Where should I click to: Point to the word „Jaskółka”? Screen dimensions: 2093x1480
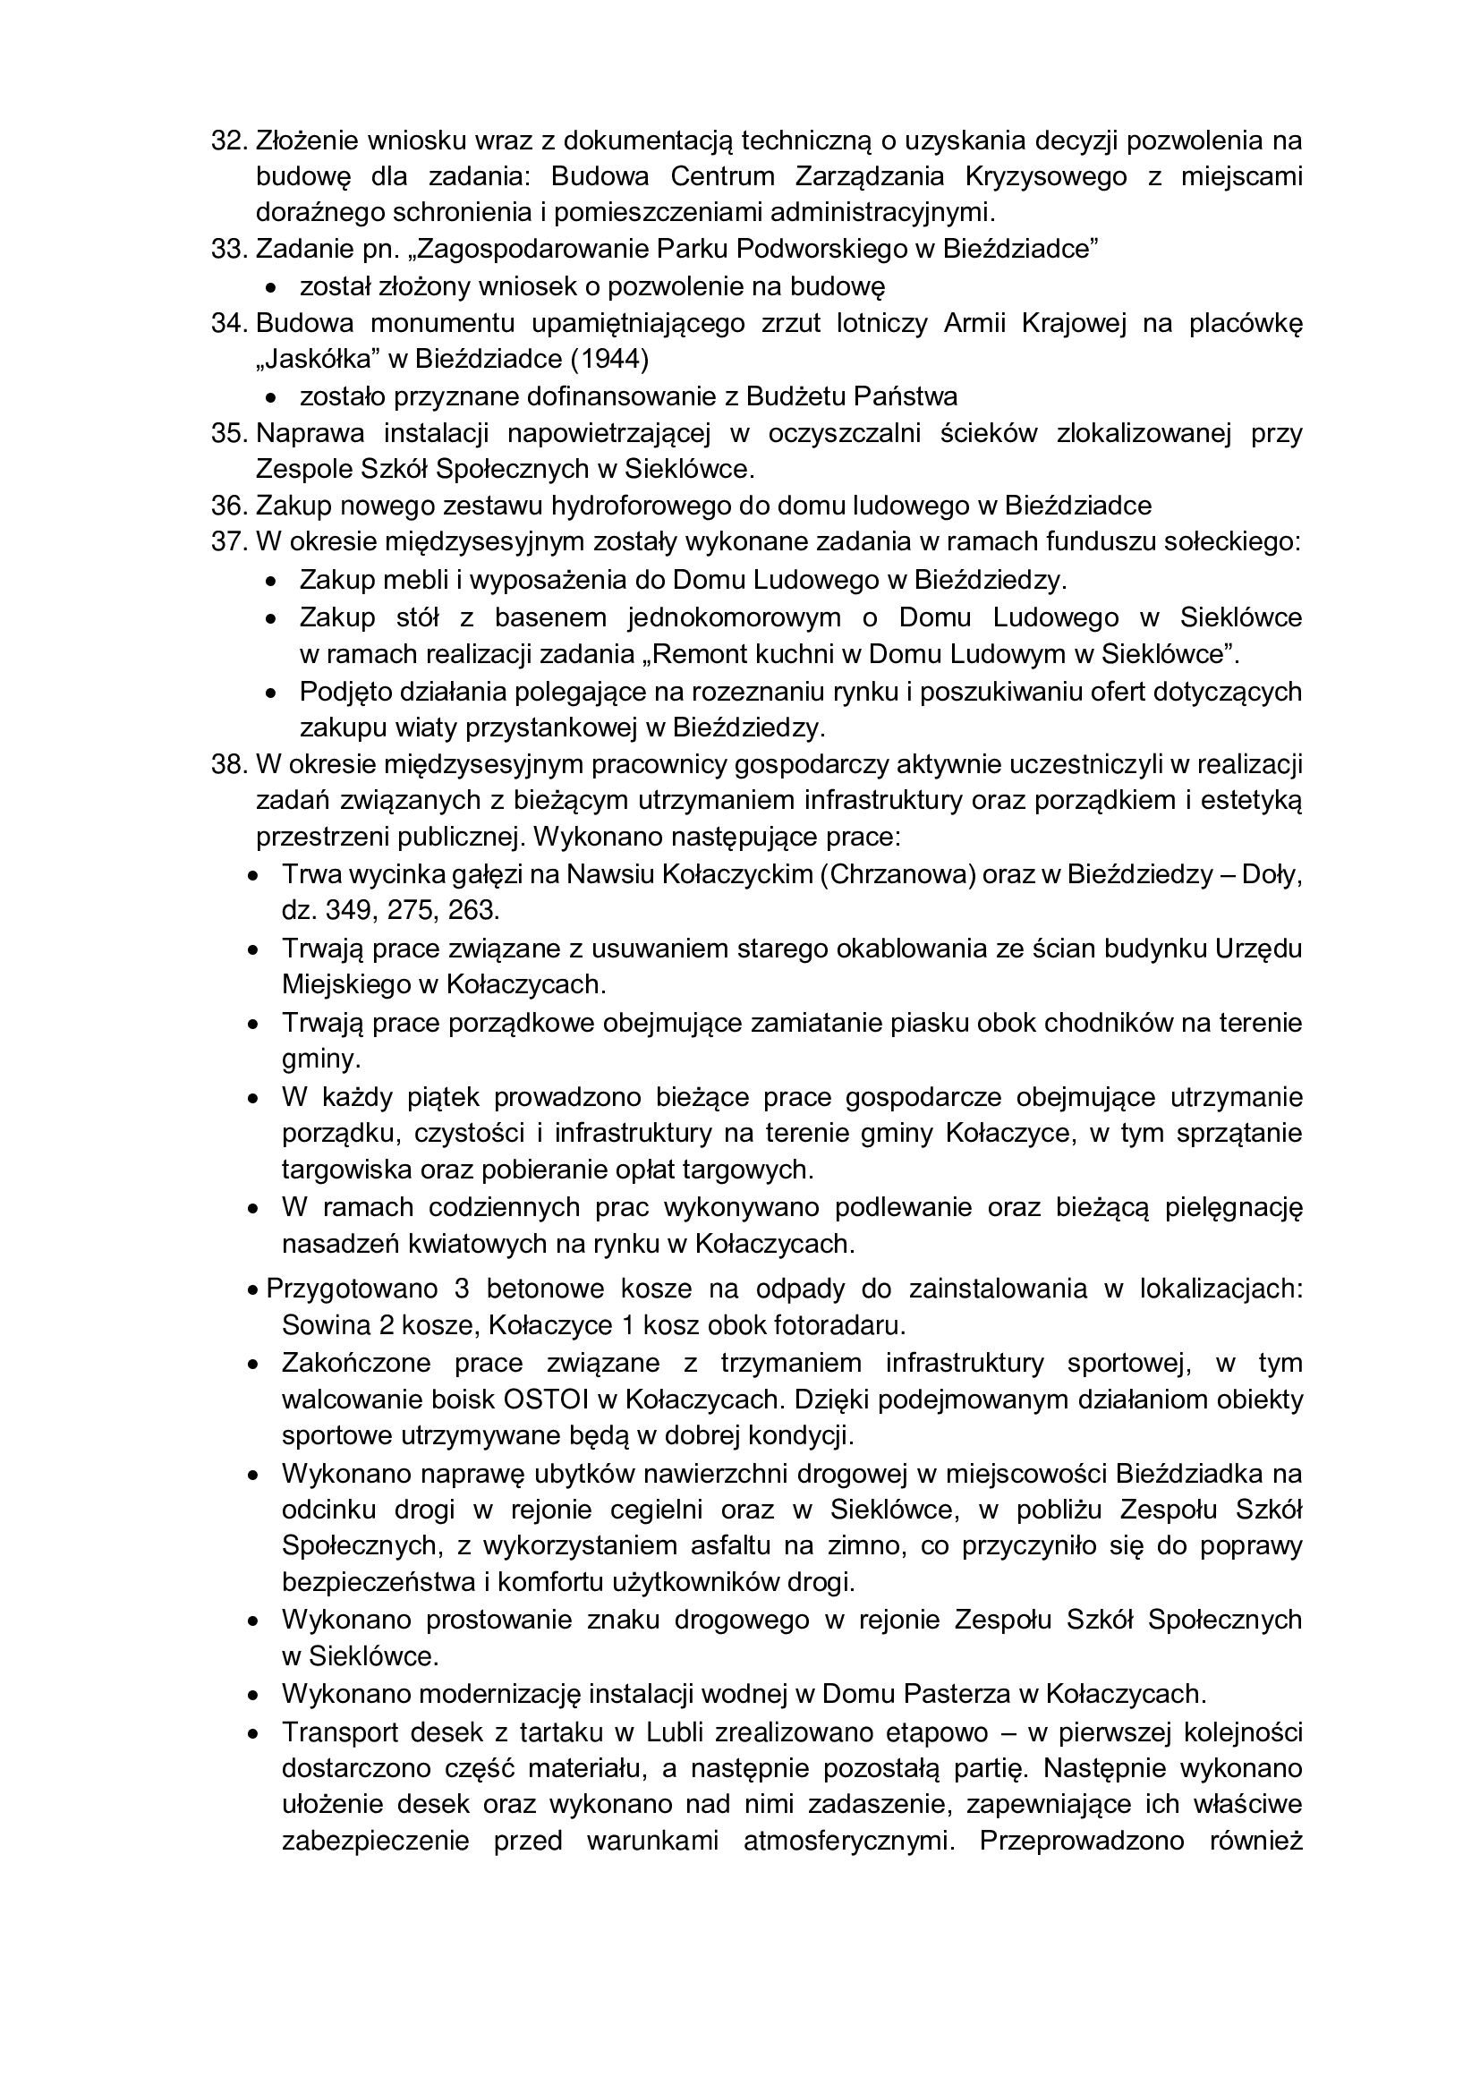click(x=318, y=359)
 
